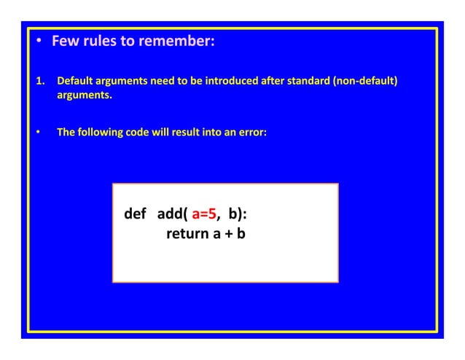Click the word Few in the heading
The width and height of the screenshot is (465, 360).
[64, 41]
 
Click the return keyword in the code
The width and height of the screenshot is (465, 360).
[186, 235]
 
